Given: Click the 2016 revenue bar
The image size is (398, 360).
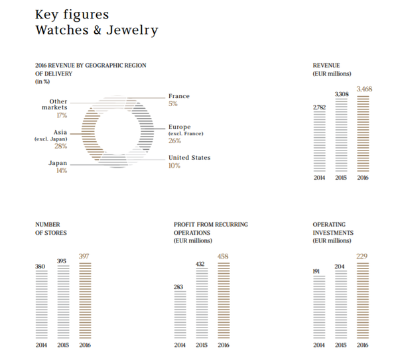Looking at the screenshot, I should point(363,135).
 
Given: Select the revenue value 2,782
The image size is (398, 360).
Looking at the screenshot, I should point(319,107).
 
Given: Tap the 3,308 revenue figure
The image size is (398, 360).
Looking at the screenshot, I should point(341,94).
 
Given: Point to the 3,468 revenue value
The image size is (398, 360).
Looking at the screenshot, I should point(364,88).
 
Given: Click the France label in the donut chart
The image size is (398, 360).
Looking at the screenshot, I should point(178,96).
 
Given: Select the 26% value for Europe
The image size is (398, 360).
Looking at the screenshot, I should point(174,141).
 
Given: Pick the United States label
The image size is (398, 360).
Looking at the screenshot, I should point(189,158).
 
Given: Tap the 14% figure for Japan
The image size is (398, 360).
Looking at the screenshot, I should point(61,171).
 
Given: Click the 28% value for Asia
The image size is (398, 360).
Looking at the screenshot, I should point(60,147).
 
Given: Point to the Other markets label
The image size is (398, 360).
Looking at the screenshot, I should point(54,104).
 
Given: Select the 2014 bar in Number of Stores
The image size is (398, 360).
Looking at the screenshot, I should point(41,304).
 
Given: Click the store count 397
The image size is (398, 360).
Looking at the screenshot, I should point(84,256).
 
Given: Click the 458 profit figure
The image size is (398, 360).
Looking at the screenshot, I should point(224,256).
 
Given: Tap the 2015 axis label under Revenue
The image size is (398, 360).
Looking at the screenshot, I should point(341,178).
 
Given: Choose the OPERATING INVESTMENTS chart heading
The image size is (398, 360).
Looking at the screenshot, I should point(333,229).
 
